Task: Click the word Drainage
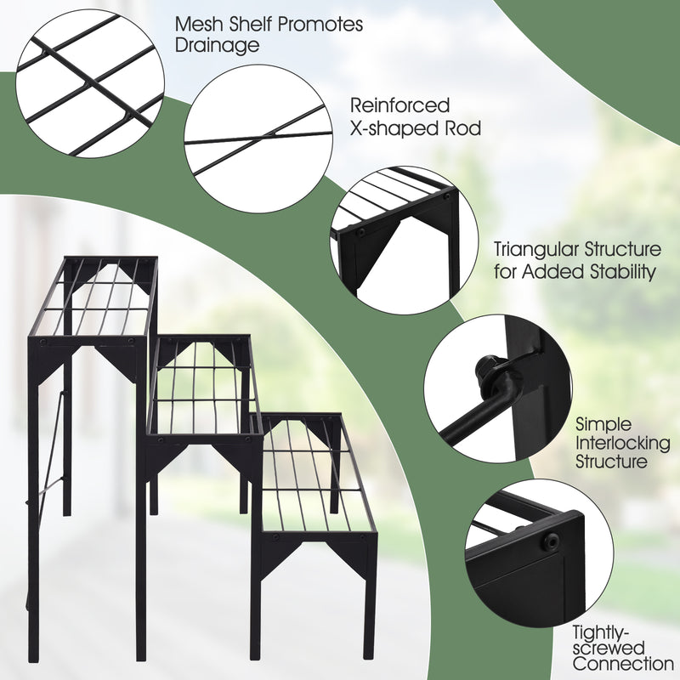218,46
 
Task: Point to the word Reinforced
400,105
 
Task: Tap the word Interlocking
622,443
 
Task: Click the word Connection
622,664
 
